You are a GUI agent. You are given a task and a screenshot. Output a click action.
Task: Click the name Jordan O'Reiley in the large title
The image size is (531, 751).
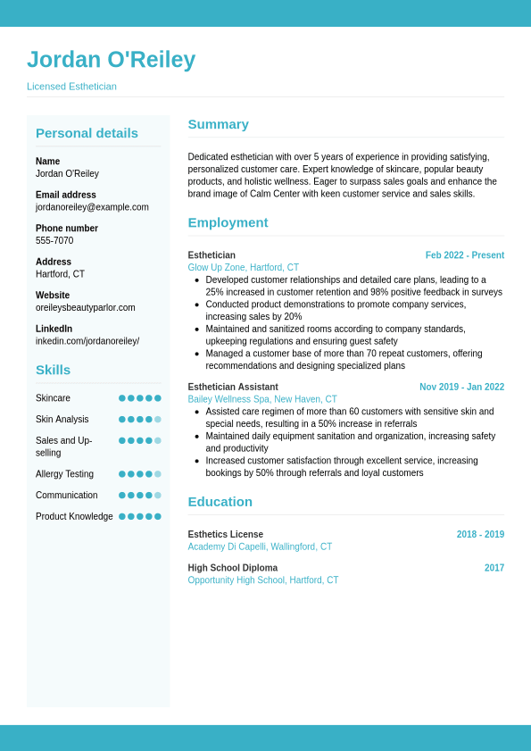(111, 60)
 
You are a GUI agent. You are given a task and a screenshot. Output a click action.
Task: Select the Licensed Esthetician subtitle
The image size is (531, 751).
(71, 87)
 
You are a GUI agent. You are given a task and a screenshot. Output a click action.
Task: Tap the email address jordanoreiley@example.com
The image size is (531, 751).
(92, 207)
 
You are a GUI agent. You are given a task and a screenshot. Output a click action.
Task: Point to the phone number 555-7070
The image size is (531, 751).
(54, 241)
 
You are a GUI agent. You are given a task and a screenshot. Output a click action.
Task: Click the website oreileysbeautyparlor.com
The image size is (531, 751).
(86, 308)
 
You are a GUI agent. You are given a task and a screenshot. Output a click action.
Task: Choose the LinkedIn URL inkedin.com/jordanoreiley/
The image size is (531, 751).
(87, 341)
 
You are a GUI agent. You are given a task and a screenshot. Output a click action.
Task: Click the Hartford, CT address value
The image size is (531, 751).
(60, 274)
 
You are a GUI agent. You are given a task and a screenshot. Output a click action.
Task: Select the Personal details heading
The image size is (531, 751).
(87, 133)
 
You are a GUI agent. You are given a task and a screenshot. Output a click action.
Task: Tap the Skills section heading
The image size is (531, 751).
(53, 370)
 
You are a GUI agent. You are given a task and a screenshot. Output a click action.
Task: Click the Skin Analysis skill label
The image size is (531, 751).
(62, 420)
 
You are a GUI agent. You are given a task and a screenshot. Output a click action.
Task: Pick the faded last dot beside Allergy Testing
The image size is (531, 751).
(158, 474)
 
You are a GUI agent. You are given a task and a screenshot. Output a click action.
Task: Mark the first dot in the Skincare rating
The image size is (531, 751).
(122, 398)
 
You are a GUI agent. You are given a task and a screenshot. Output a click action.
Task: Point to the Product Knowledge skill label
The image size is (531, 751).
(74, 517)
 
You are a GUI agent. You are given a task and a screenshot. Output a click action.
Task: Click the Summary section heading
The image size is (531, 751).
(218, 124)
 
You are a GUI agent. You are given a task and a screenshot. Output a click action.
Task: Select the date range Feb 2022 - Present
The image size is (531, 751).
(464, 255)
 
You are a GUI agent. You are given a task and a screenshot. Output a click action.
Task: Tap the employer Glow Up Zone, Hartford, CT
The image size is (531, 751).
(243, 268)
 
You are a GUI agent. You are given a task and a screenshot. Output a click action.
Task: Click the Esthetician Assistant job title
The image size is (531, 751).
(233, 388)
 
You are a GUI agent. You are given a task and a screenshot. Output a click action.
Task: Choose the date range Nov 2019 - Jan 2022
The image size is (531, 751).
(461, 388)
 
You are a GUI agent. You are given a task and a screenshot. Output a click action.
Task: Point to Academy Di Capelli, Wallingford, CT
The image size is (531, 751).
(260, 547)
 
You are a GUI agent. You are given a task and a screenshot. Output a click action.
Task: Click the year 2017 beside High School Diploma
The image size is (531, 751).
(494, 568)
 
